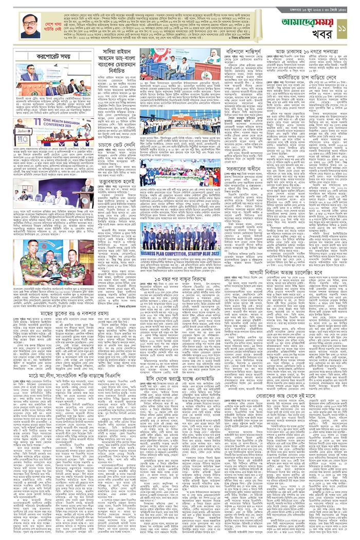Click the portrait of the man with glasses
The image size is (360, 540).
[30, 27]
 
